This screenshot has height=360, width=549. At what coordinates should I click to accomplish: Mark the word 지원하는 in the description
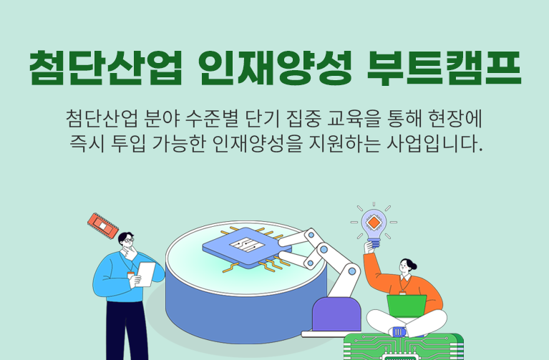(356, 145)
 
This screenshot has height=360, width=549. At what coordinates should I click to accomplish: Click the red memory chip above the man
(102, 224)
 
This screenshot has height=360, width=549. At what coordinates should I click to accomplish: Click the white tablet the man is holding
(145, 273)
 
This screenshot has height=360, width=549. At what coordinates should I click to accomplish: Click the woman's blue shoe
(399, 331)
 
